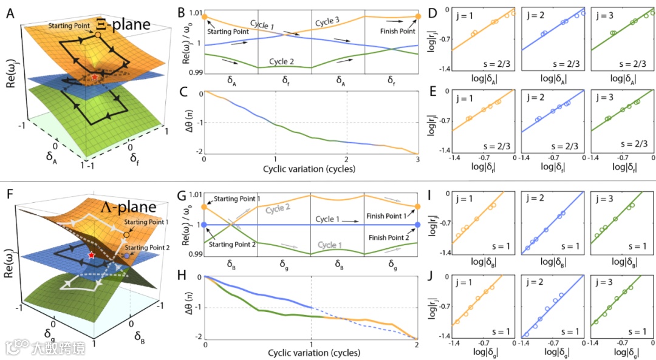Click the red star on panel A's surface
pos(95,78)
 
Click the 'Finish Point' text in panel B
pos(397,31)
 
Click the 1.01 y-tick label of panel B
pos(193,13)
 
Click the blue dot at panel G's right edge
pos(417,225)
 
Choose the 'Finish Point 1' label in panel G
pos(389,216)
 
